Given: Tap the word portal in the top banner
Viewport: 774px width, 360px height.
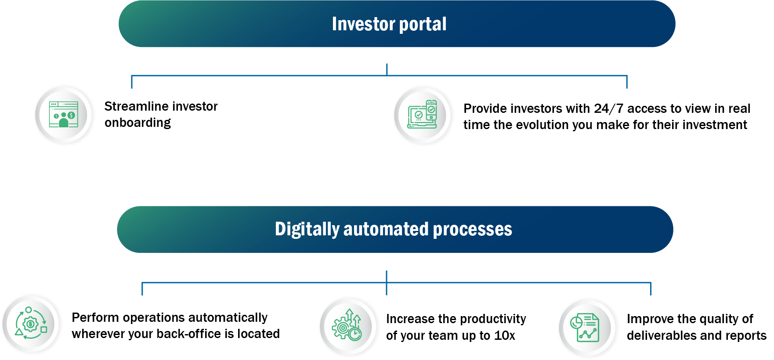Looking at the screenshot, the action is (x=423, y=25).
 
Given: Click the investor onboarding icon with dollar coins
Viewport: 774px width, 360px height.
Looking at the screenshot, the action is (x=64, y=115).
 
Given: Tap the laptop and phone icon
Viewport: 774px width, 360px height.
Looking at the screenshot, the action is (x=422, y=115).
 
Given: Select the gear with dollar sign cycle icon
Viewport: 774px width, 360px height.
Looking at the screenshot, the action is (x=31, y=324).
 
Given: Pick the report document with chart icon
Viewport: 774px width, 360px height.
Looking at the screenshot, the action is (x=585, y=328).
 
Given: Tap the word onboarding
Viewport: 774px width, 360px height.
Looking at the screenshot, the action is (x=137, y=123).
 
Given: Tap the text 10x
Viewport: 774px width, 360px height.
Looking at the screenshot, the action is (x=505, y=335).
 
